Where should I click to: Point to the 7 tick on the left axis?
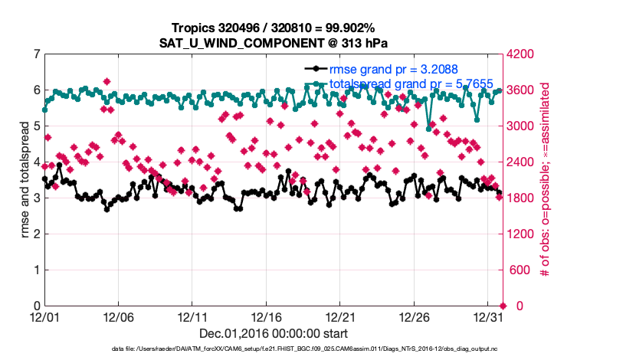click(x=36, y=54)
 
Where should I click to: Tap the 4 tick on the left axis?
click(x=36, y=162)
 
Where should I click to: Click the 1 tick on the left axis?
click(x=36, y=270)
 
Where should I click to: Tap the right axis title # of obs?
click(x=546, y=180)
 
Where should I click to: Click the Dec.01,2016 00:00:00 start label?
click(x=273, y=333)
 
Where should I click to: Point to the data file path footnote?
click(x=273, y=349)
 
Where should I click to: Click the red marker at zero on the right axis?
click(x=503, y=306)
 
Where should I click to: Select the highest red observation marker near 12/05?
click(x=107, y=81)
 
